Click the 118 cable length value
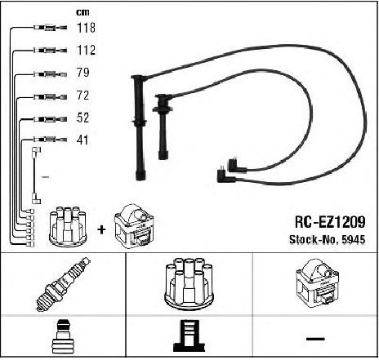tap(87, 28)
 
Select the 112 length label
tap(87, 50)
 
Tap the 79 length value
tap(82, 73)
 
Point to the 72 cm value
tap(82, 96)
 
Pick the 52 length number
tap(82, 118)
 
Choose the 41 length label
tap(82, 140)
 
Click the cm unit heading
tap(82, 12)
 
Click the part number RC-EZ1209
tap(330, 222)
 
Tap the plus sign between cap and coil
tap(101, 229)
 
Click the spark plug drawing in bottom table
tap(63, 284)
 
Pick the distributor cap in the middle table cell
tap(189, 284)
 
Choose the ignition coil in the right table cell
tap(318, 283)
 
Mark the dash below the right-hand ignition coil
tap(315, 339)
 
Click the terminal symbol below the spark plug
tap(62, 337)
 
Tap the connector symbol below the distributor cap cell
tap(189, 336)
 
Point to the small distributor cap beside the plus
tap(68, 227)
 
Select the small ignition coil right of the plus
tap(134, 226)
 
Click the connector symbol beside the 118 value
tap(51, 28)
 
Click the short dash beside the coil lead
tap(45, 177)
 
